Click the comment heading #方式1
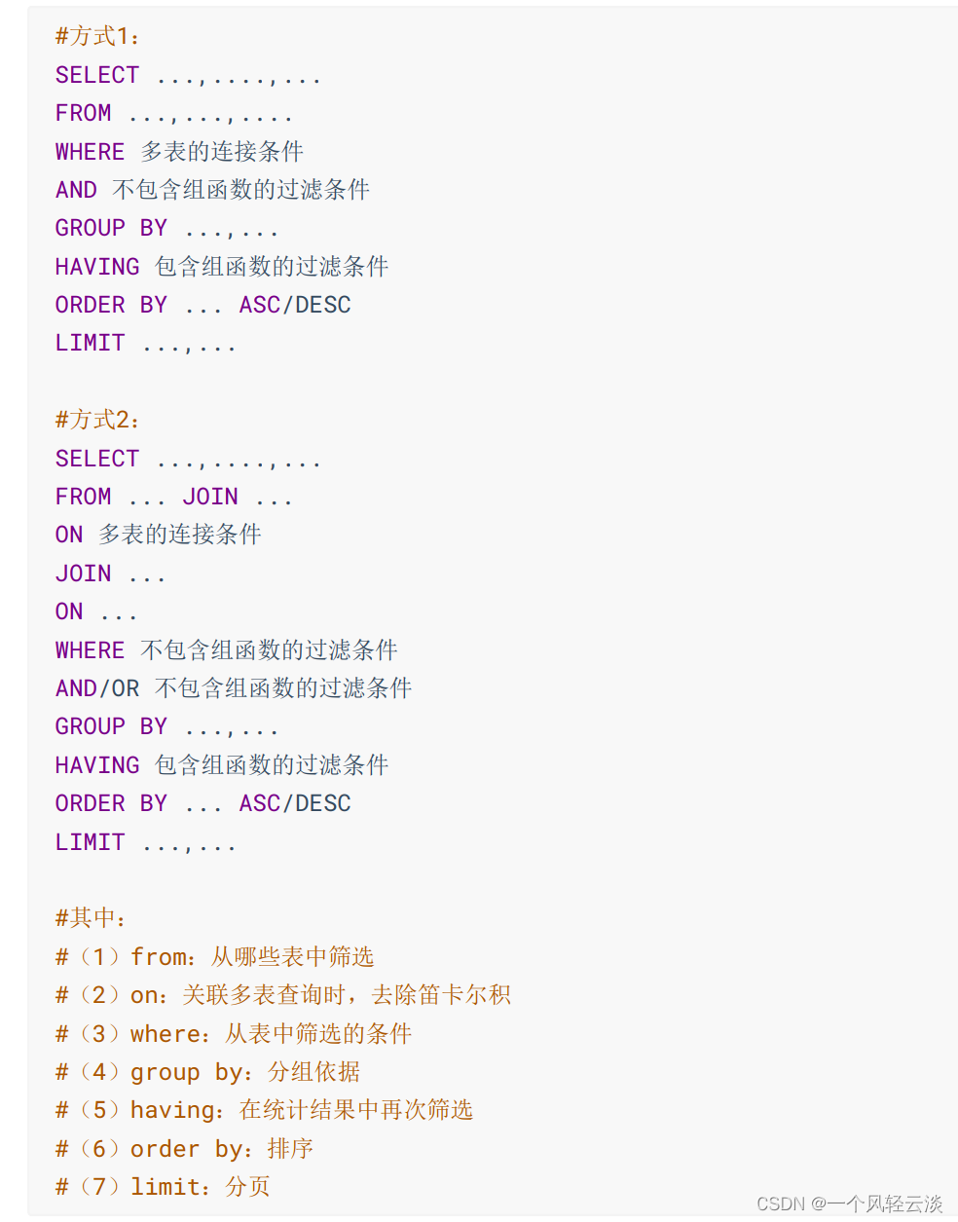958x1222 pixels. click(x=97, y=37)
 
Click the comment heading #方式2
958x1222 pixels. click(x=97, y=420)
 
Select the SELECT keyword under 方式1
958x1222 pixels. click(x=97, y=75)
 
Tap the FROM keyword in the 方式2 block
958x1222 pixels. click(x=83, y=497)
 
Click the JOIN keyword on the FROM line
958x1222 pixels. click(x=210, y=497)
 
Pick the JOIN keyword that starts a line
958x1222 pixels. click(x=83, y=574)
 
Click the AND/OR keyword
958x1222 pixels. click(x=97, y=688)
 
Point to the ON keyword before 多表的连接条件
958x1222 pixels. click(x=69, y=535)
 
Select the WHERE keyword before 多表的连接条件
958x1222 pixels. click(x=90, y=152)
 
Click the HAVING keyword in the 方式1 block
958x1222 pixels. click(x=97, y=267)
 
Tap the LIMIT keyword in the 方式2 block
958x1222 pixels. click(x=90, y=842)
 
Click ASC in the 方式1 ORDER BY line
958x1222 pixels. click(x=260, y=305)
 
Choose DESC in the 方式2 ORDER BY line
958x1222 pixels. click(x=323, y=803)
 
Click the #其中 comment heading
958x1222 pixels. click(x=91, y=918)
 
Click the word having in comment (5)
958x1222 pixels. click(x=172, y=1110)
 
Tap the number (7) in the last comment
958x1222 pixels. click(x=99, y=1187)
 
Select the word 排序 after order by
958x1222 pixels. click(x=290, y=1149)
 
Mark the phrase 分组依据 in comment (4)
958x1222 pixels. click(x=313, y=1072)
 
